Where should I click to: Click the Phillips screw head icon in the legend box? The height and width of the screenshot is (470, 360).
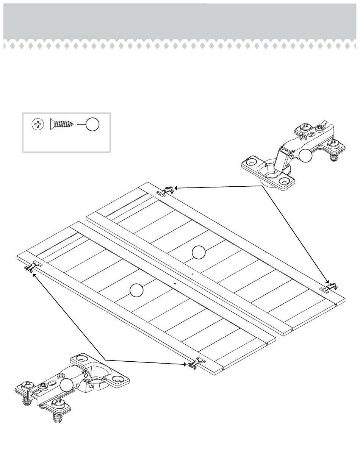click(38, 124)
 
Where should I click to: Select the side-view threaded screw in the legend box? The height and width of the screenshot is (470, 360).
click(61, 124)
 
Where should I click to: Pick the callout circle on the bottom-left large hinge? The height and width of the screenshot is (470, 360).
click(66, 385)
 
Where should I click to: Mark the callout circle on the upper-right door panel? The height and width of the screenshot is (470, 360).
click(199, 252)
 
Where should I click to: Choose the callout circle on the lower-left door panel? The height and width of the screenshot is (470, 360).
click(136, 290)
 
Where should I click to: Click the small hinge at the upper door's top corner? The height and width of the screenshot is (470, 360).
click(165, 190)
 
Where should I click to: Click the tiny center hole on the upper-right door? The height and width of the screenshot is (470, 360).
click(193, 273)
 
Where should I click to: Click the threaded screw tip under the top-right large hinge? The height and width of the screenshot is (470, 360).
click(334, 157)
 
